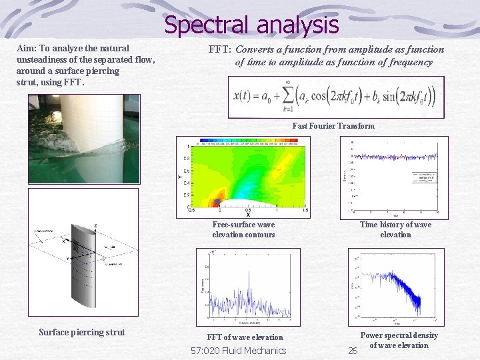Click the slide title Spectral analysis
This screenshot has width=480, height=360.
[251, 25]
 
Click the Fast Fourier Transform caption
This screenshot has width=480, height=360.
[333, 126]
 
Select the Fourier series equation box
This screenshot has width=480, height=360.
[335, 97]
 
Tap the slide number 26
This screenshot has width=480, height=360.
[353, 351]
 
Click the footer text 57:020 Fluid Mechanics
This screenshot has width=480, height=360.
[238, 351]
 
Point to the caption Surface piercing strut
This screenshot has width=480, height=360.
[82, 332]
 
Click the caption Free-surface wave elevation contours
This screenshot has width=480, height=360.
[243, 229]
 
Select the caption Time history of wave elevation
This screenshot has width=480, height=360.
[395, 229]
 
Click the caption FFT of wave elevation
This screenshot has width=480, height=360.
[245, 337]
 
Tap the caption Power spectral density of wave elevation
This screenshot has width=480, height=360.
[399, 340]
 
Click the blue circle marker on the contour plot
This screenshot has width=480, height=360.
[217, 201]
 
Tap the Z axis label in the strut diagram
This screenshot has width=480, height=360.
[96, 226]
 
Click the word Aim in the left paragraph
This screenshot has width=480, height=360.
[26, 49]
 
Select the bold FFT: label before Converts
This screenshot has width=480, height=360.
[220, 49]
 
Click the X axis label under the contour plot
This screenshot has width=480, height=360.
[249, 215]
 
